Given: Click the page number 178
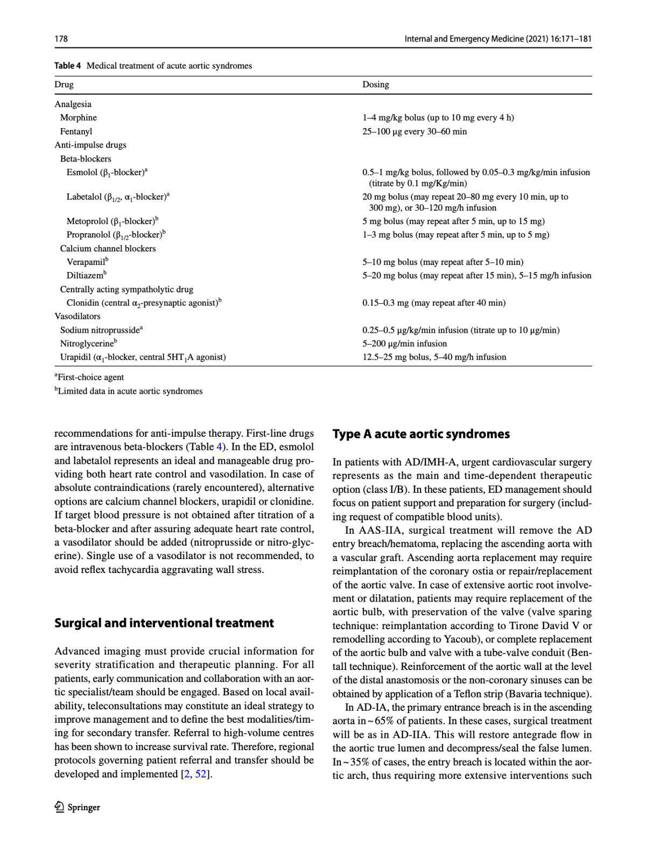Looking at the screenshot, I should (61, 39).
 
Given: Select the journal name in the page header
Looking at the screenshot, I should (497, 39).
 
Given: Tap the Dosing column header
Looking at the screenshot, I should (375, 85).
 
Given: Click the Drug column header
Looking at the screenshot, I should (64, 85).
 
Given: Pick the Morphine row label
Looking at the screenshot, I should (79, 117).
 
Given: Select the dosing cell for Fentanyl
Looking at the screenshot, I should (414, 131).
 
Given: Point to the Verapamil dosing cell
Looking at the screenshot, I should (442, 262).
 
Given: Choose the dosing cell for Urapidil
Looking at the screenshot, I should (434, 357).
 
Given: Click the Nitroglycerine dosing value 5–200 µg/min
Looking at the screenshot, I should (404, 344).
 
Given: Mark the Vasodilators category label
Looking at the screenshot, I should (78, 316).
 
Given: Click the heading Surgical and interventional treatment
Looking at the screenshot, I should (164, 623).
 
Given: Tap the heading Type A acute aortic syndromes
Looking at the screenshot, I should (421, 434).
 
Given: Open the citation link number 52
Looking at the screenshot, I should (201, 774).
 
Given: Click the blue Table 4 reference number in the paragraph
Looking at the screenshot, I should (219, 447).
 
